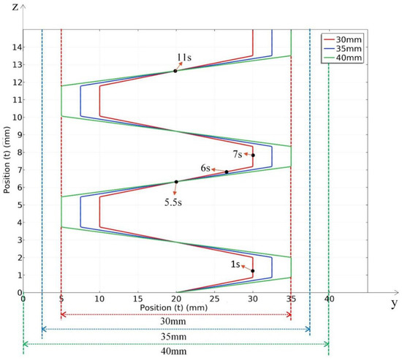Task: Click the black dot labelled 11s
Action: [x=175, y=71]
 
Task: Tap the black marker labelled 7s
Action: [x=253, y=156]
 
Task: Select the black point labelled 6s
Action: [x=227, y=172]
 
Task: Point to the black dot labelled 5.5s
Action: [x=176, y=182]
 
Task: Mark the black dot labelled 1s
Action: [x=253, y=271]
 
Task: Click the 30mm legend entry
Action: [x=343, y=39]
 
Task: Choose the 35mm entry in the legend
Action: [x=343, y=49]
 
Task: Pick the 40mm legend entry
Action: [x=343, y=58]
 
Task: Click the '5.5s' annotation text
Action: [x=173, y=202]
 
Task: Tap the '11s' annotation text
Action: [x=184, y=58]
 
